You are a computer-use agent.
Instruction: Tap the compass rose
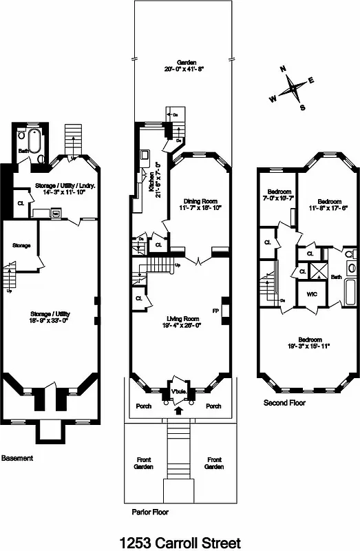click(294, 88)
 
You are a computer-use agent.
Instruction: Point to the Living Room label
click(182, 319)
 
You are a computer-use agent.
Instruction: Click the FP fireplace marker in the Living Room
click(215, 311)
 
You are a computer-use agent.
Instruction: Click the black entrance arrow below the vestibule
click(180, 411)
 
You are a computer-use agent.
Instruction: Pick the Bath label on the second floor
click(336, 277)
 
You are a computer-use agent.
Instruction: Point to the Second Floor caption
click(284, 403)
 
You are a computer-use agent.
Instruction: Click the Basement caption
click(17, 458)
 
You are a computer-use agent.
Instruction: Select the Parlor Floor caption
click(150, 512)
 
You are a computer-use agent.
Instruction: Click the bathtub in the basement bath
click(37, 145)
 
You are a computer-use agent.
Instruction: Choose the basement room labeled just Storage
click(21, 245)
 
